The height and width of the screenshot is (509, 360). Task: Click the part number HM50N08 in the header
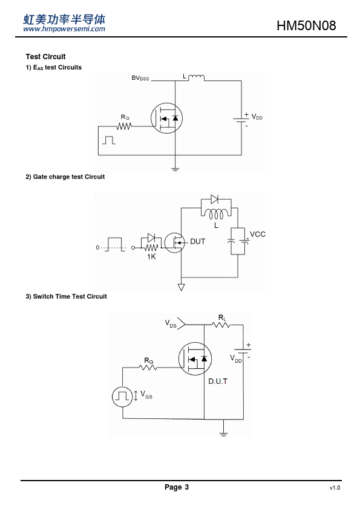click(x=306, y=25)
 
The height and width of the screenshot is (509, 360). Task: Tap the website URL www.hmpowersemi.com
click(x=64, y=29)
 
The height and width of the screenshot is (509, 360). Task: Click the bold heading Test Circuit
click(x=45, y=57)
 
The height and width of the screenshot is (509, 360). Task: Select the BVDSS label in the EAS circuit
click(x=140, y=78)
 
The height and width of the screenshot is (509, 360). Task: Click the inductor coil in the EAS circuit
click(x=196, y=78)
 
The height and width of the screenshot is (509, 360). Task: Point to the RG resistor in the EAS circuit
click(x=124, y=126)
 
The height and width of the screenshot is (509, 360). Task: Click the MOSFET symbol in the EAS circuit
click(x=166, y=118)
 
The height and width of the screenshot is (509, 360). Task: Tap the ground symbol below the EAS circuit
click(x=175, y=169)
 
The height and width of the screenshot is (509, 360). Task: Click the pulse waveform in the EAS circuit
click(x=108, y=140)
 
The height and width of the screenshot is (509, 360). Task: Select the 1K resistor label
click(x=151, y=257)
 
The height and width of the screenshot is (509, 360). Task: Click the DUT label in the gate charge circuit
click(x=197, y=242)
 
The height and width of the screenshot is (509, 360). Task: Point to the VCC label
click(x=258, y=235)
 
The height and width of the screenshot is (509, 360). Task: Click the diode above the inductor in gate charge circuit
click(x=214, y=199)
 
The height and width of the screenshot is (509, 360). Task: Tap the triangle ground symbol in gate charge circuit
click(x=182, y=287)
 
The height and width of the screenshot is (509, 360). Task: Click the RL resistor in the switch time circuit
click(x=221, y=325)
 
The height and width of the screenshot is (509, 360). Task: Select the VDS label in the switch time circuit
click(x=171, y=323)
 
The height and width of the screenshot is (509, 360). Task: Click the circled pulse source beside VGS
click(x=122, y=397)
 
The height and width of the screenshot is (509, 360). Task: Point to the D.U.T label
click(x=218, y=381)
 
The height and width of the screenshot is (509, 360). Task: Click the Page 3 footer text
click(x=177, y=487)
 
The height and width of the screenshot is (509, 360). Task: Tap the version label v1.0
click(x=335, y=488)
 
